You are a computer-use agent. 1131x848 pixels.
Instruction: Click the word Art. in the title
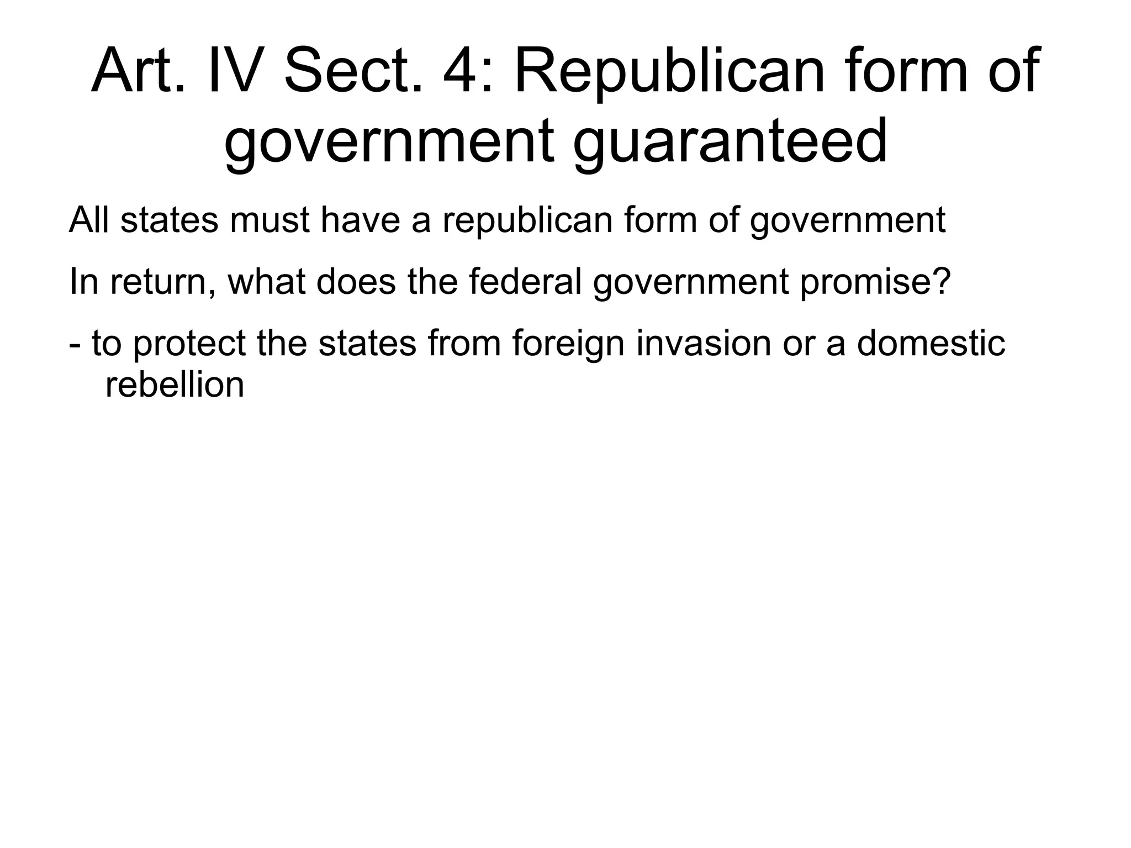[x=138, y=71]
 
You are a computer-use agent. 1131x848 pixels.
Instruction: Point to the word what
[x=267, y=281]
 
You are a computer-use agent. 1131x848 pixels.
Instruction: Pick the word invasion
[x=703, y=343]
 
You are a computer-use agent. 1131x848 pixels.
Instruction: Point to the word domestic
[x=931, y=343]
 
